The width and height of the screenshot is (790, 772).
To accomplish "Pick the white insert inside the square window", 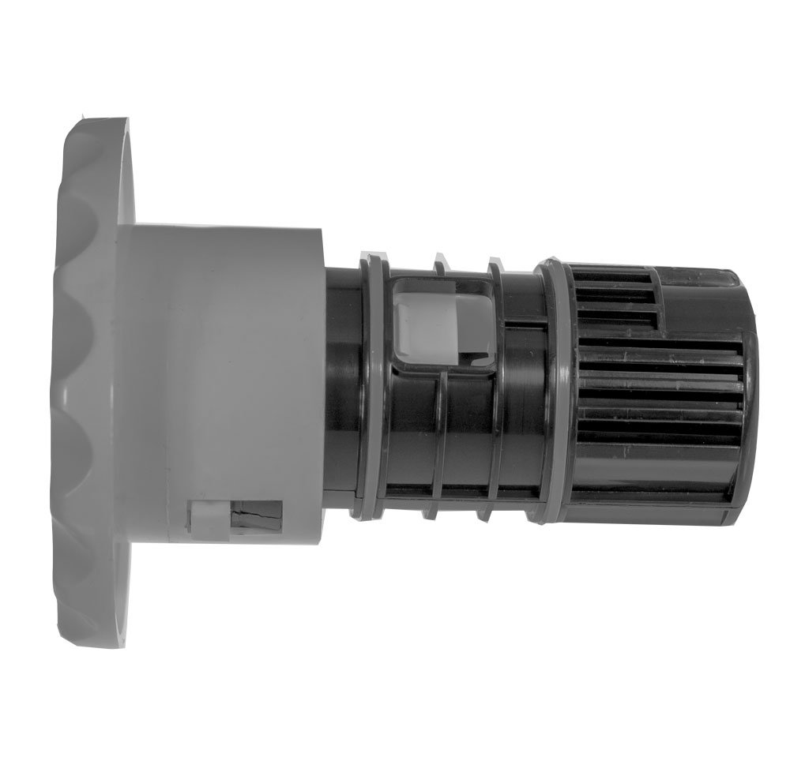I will tap(423, 320).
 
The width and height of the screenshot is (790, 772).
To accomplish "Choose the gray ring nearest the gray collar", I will tap(367, 387).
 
